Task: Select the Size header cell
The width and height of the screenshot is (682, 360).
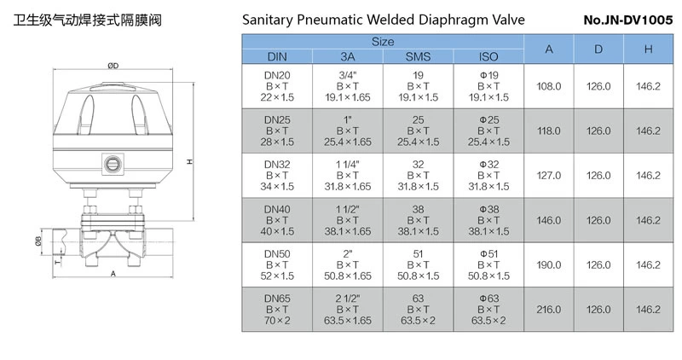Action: [x=382, y=41]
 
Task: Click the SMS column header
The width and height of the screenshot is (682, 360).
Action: [x=418, y=56]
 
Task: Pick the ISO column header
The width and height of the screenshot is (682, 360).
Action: [x=488, y=56]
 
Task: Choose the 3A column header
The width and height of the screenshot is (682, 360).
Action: [x=347, y=56]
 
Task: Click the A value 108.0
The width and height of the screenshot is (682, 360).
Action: [x=549, y=86]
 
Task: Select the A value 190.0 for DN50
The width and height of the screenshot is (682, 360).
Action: [x=549, y=264]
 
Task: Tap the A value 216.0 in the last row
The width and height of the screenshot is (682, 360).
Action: [x=549, y=309]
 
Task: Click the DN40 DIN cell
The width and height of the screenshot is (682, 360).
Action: [x=277, y=219]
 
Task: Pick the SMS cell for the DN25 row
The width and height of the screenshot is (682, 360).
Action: [x=418, y=131]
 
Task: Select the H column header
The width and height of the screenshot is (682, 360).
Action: [x=648, y=49]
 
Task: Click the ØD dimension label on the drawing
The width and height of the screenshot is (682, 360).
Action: [x=113, y=67]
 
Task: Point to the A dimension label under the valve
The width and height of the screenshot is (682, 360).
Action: [x=113, y=274]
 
